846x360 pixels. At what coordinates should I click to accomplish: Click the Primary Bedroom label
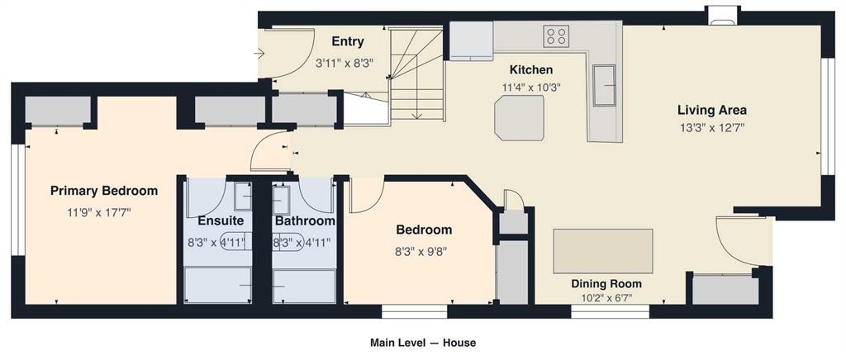(x=104, y=191)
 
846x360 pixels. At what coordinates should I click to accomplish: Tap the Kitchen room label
(x=531, y=69)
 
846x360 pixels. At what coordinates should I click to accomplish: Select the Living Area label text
(x=712, y=111)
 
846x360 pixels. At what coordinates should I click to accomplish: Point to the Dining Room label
(x=607, y=284)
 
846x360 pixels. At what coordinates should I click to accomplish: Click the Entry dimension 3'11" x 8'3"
(x=345, y=63)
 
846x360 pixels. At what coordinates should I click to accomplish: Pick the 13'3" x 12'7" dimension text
(x=712, y=128)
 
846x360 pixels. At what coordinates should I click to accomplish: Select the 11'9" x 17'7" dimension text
(x=99, y=212)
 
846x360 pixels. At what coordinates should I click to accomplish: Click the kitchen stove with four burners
(x=556, y=36)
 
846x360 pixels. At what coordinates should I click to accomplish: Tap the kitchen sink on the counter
(x=604, y=85)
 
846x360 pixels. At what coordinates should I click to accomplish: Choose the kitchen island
(x=519, y=118)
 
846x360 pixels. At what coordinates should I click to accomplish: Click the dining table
(x=603, y=251)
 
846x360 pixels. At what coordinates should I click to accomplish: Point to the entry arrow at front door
(x=259, y=54)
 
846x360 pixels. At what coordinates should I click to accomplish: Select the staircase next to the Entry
(x=416, y=74)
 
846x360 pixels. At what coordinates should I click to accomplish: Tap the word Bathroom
(x=305, y=221)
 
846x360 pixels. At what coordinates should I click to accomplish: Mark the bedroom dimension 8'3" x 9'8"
(x=424, y=251)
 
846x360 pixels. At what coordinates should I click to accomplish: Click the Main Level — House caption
(x=423, y=343)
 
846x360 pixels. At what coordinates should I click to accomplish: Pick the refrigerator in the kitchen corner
(x=471, y=40)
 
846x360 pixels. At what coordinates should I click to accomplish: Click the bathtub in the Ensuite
(x=218, y=286)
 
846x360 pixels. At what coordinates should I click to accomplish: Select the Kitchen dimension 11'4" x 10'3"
(x=531, y=88)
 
